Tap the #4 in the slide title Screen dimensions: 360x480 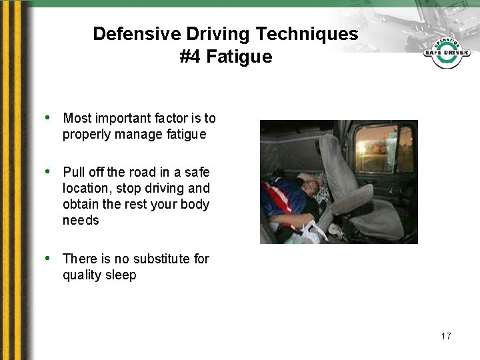tap(190, 57)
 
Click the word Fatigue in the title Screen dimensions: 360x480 tap(239, 57)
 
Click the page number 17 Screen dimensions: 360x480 tap(445, 336)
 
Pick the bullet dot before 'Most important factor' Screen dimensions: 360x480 tap(48, 118)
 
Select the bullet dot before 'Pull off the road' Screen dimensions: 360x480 tap(48, 171)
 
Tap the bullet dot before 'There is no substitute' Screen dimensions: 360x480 tap(48, 258)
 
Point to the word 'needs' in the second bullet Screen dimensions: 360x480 tap(81, 220)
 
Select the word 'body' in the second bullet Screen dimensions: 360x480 tap(195, 204)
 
